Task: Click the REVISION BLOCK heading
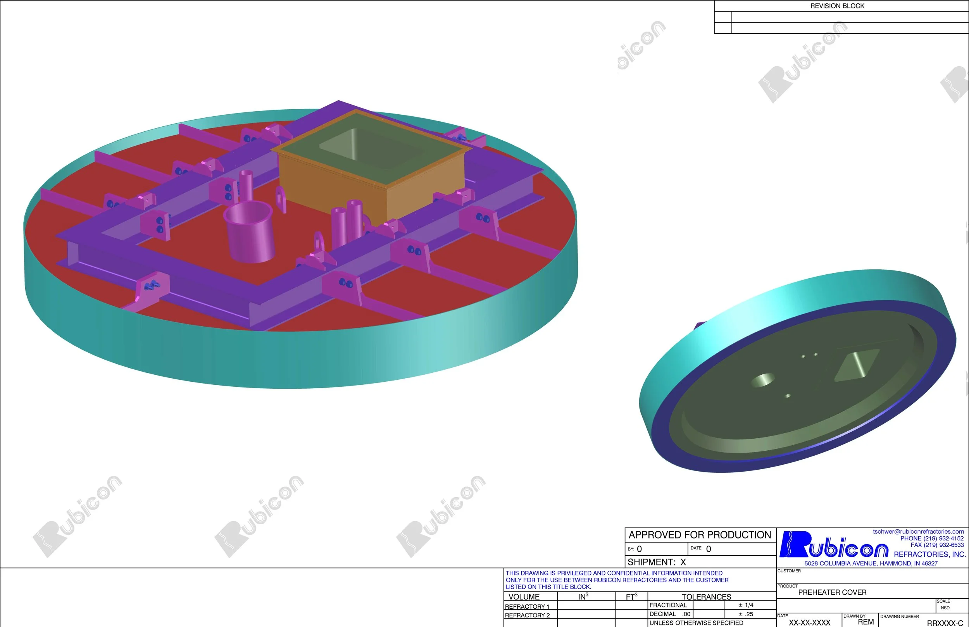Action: (837, 6)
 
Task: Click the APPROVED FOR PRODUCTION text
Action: (700, 535)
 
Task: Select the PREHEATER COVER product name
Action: (832, 593)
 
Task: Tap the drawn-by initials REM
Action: (866, 622)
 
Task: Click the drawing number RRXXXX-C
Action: (945, 623)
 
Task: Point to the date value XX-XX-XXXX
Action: (809, 622)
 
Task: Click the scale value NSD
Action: (945, 608)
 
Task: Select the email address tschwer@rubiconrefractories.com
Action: (918, 531)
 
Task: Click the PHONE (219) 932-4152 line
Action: (931, 538)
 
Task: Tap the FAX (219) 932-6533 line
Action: (937, 545)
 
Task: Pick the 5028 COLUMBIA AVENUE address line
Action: (871, 563)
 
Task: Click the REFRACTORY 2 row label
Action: (527, 615)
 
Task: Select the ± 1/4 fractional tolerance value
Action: (746, 605)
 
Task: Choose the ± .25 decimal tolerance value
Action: (746, 614)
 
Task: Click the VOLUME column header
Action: (524, 597)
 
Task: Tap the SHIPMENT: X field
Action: (656, 562)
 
